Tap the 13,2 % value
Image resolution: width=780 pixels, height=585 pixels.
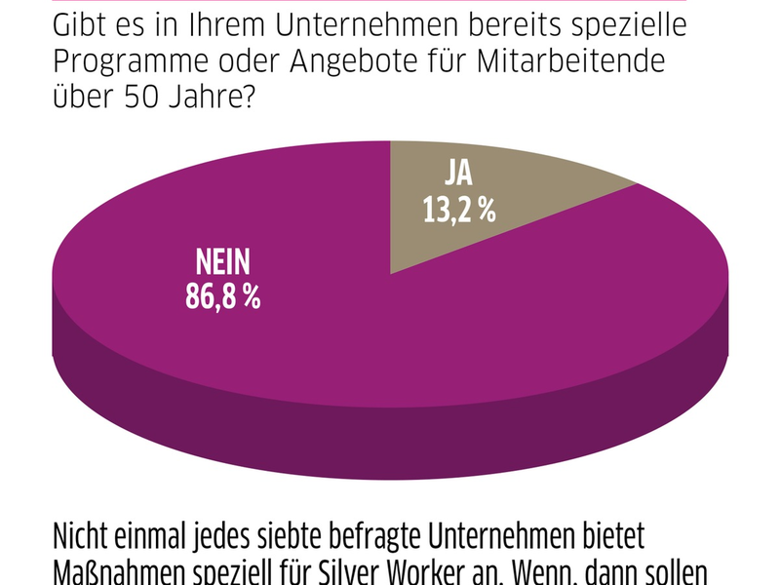point(456,209)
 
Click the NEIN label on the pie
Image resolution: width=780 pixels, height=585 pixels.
point(224,263)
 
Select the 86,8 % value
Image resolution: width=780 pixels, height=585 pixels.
point(223,295)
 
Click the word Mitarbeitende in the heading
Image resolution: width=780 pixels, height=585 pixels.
point(583,61)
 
